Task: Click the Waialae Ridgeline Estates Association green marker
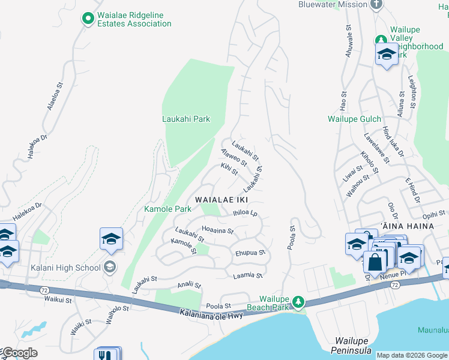coord(88,19)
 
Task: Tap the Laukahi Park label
coord(186,119)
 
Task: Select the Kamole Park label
coord(167,209)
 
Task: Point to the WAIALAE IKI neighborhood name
coord(220,199)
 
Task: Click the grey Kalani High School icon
coord(110,266)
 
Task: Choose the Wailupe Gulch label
coord(354,119)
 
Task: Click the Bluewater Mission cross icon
coord(376,5)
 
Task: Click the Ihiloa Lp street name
coord(245,213)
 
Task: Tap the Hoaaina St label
coord(217,229)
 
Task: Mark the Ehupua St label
coord(250,253)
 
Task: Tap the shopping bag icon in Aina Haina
coord(375,262)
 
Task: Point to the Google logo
coord(19,353)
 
